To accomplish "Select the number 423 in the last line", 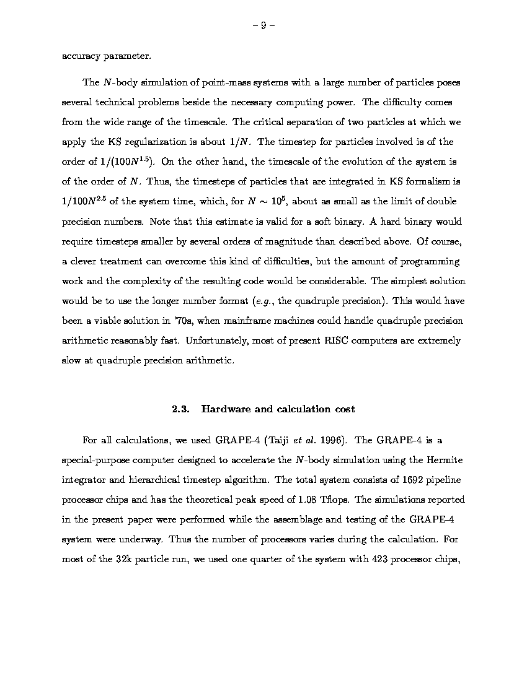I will point(379,559).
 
